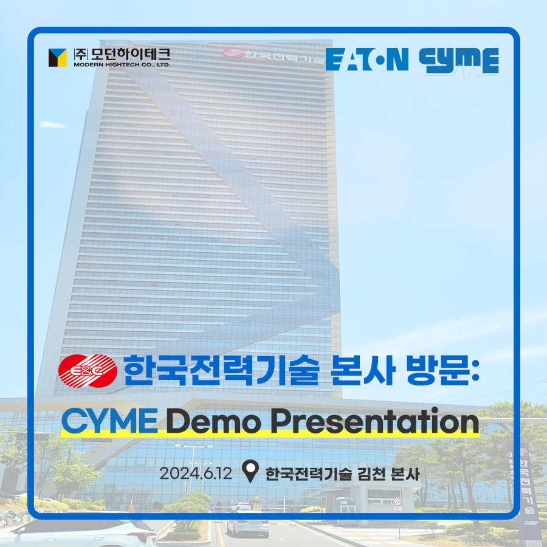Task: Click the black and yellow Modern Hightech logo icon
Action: tap(58, 58)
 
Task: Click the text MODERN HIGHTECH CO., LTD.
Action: tap(122, 64)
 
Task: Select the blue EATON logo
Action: tap(367, 60)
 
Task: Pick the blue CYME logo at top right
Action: tap(459, 61)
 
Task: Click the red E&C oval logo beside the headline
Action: tap(88, 371)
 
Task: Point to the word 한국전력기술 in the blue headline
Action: tap(221, 371)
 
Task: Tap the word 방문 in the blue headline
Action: tap(438, 371)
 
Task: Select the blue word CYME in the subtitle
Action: tap(109, 421)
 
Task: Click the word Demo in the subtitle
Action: tap(213, 421)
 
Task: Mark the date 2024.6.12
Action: tap(196, 473)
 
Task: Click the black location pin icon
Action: tap(250, 471)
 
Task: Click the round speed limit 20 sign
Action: tap(397, 501)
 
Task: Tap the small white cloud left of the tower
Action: tap(53, 124)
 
